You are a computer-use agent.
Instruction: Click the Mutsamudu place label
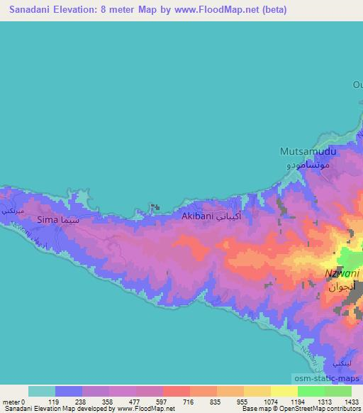tap(307, 152)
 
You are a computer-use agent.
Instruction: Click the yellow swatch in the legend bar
tap(284, 391)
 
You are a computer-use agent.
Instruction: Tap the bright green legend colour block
tap(311, 391)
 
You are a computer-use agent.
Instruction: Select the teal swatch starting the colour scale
tap(42, 391)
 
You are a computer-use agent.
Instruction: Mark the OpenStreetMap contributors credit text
tap(312, 409)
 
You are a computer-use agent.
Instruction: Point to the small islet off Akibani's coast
tap(155, 207)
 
